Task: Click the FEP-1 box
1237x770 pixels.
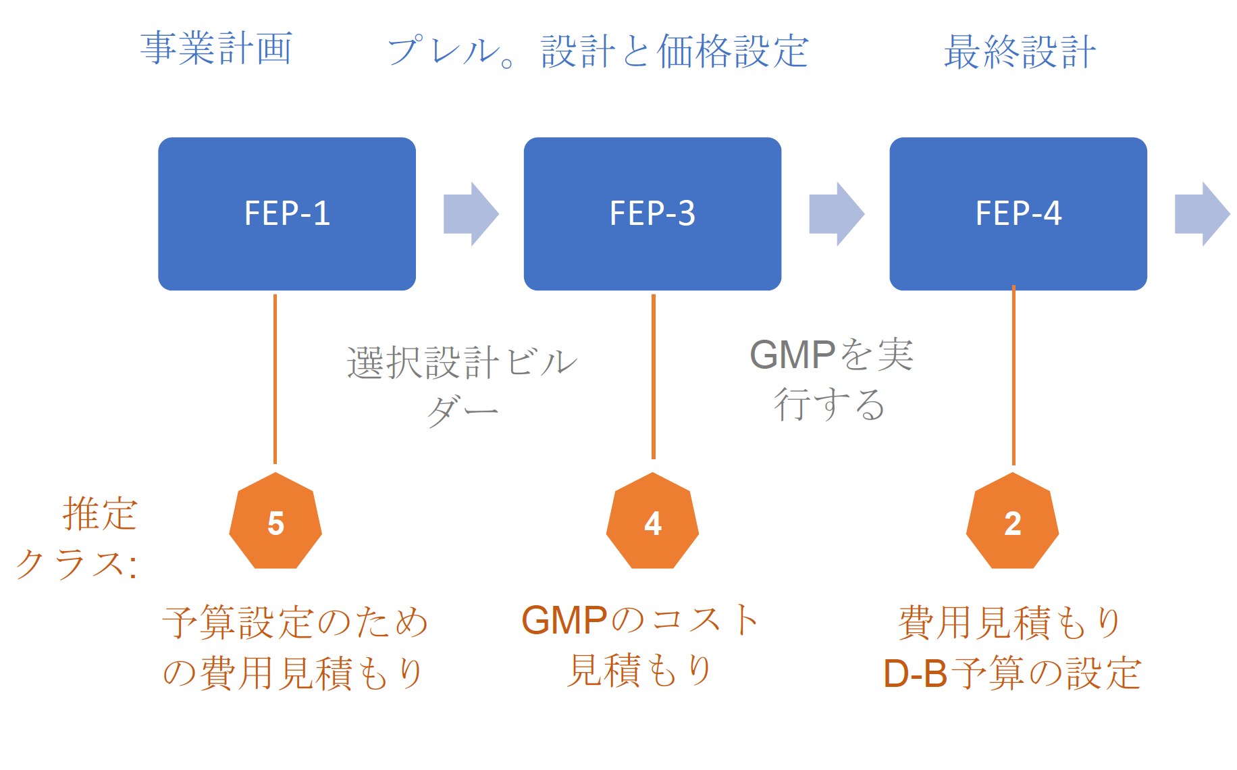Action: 287,213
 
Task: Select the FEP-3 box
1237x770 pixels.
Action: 652,213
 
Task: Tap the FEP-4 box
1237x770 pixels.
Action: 1018,213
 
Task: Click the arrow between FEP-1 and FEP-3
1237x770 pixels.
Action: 471,213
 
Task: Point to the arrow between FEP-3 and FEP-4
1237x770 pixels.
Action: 837,213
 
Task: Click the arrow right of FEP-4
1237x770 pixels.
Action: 1202,213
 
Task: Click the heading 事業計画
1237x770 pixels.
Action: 216,49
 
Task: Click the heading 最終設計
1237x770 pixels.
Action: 1020,51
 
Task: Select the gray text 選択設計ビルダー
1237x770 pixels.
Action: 462,385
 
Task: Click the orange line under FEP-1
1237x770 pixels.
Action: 275,378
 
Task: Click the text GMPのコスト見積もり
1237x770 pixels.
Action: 640,645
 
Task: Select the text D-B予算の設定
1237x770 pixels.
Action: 1011,673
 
